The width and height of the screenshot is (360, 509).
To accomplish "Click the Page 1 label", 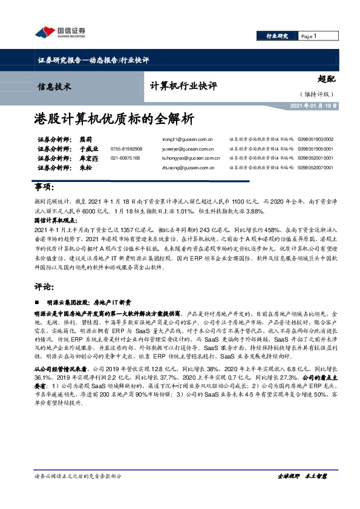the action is (x=310, y=36).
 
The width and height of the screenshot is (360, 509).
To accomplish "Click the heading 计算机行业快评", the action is (x=183, y=86).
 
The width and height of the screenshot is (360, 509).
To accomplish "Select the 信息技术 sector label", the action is (x=54, y=86).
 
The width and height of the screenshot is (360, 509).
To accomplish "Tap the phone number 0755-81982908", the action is (x=126, y=149).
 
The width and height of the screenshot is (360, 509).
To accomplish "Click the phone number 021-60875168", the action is (x=125, y=158).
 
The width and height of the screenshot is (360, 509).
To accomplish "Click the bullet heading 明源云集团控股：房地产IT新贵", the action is (x=80, y=300).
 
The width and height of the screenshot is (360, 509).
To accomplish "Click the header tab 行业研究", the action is (x=278, y=36).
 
